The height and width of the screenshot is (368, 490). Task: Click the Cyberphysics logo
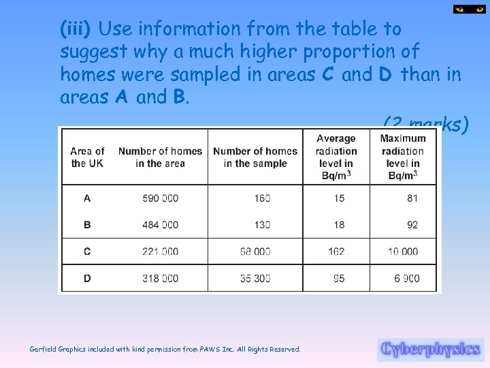[430, 350]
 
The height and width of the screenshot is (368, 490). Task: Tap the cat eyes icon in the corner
[470, 10]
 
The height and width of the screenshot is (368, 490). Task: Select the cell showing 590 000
[161, 198]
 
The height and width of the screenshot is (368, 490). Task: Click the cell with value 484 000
[161, 225]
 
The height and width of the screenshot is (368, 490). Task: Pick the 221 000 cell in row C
[161, 251]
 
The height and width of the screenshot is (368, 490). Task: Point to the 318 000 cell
[161, 278]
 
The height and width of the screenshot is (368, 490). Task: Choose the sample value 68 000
[255, 251]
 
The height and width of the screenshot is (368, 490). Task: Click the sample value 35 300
[255, 278]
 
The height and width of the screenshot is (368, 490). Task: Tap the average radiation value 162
[336, 251]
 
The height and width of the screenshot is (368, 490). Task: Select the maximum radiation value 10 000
[403, 251]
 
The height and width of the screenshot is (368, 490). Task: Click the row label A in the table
[87, 198]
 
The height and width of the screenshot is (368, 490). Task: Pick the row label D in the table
[87, 278]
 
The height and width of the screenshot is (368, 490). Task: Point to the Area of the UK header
[87, 157]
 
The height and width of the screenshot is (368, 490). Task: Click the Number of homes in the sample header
[255, 157]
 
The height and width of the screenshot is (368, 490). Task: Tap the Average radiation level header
[336, 157]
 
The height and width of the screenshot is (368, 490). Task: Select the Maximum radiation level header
[403, 157]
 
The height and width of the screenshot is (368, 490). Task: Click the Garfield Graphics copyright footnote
[165, 350]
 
